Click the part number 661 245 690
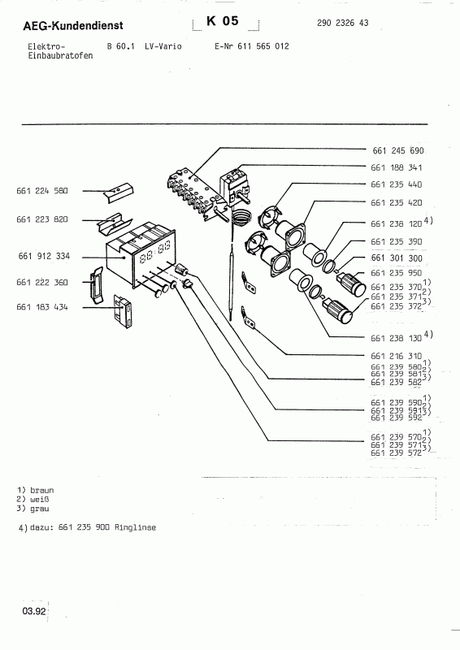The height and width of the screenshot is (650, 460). [397, 152]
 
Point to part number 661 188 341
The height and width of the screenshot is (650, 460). [397, 168]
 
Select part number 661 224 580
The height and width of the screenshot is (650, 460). [41, 191]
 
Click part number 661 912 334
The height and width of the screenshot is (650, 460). [43, 256]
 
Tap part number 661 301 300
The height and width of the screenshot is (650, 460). [397, 258]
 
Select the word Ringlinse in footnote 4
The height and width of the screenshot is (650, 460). [136, 528]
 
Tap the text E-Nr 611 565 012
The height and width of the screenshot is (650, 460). [251, 47]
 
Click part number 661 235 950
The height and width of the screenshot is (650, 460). [397, 273]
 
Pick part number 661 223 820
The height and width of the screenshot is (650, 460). [41, 219]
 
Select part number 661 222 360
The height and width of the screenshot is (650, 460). [41, 282]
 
